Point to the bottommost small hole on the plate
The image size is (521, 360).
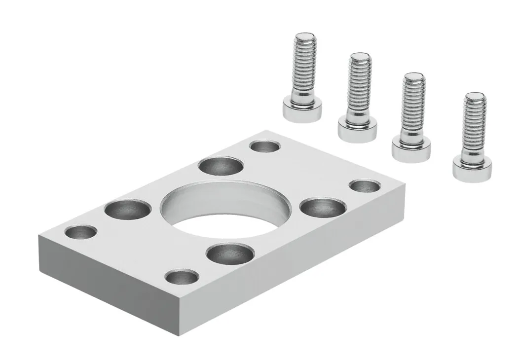click(180, 277)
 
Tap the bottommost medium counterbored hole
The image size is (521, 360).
click(227, 253)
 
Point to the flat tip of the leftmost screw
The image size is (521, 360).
click(305, 36)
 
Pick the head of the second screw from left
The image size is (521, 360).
click(357, 128)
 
